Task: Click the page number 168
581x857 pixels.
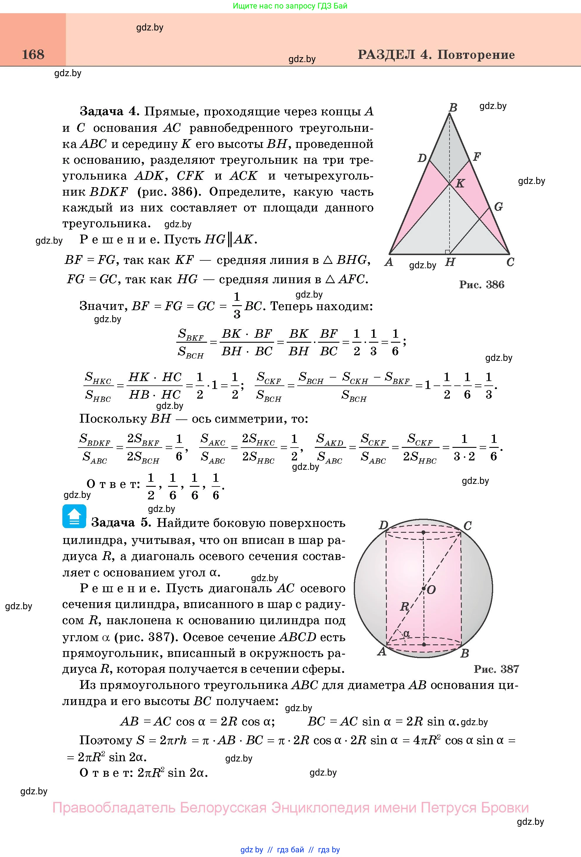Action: point(33,54)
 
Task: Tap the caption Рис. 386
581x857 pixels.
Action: point(481,285)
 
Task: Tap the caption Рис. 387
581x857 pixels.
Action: point(496,669)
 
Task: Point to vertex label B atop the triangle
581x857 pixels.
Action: point(453,107)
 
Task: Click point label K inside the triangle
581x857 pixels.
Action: point(460,183)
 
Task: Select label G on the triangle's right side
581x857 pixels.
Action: point(498,207)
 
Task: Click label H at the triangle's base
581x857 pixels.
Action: point(450,262)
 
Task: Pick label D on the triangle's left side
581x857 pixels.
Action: point(422,158)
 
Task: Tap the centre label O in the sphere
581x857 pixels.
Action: point(431,590)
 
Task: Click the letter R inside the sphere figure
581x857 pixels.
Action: point(404,607)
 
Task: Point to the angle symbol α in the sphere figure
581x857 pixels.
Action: point(407,634)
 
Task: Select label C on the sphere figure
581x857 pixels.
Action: point(467,525)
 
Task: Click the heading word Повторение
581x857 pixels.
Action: point(476,55)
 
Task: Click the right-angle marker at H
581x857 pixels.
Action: point(447,252)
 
